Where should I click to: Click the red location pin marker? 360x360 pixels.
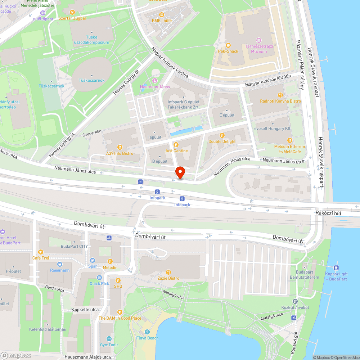tap(180, 172)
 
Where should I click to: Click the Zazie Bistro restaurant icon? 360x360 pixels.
tap(168, 272)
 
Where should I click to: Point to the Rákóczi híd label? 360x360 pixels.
tap(328, 213)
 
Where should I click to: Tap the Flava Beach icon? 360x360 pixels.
tap(147, 332)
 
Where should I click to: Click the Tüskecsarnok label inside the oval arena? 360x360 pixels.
tap(92, 80)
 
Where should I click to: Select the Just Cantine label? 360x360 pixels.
tap(176, 151)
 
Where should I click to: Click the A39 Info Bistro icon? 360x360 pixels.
tap(120, 147)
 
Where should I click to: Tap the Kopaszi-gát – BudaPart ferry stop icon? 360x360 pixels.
tap(336, 267)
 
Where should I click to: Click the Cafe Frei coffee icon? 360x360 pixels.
tap(41, 252)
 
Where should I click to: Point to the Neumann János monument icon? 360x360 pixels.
tap(155, 81)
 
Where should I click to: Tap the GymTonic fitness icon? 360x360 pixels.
tap(109, 339)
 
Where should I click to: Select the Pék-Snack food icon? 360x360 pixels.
tap(228, 45)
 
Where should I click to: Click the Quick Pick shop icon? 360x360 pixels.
tap(99, 277)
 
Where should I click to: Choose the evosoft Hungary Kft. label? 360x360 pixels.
tap(273, 129)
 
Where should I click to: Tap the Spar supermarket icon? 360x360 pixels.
tap(93, 260)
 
